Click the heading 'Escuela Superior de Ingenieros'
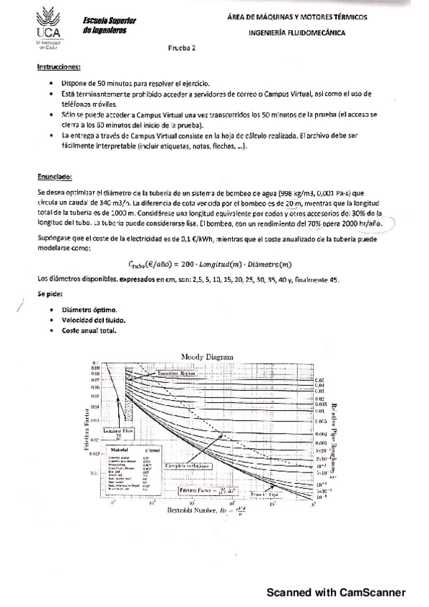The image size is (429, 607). [104, 26]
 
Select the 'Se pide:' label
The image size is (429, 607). [50, 294]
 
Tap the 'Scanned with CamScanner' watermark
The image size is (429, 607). [337, 592]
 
